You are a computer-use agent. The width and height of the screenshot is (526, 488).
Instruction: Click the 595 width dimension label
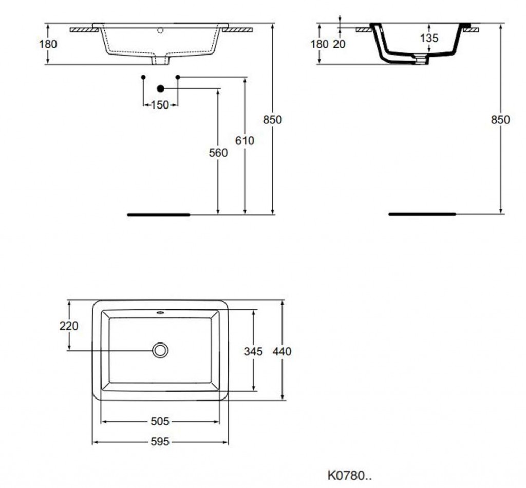click(x=160, y=441)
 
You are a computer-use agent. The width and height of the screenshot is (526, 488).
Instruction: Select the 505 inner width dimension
click(x=160, y=421)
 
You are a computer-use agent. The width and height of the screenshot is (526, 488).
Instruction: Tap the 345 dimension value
click(x=253, y=351)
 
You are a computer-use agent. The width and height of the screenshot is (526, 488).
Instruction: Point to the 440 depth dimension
click(x=282, y=351)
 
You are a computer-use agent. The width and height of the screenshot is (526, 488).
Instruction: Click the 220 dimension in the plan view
click(x=69, y=326)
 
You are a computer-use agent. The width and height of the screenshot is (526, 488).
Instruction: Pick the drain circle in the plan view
click(x=160, y=350)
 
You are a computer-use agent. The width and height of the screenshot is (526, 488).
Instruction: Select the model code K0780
click(x=349, y=476)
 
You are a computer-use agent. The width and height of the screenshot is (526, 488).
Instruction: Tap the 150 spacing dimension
click(x=160, y=105)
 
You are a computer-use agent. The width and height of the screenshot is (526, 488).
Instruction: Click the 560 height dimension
click(x=218, y=153)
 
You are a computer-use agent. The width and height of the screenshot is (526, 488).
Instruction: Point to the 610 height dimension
click(x=245, y=141)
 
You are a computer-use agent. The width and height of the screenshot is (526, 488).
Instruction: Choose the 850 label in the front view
click(x=272, y=120)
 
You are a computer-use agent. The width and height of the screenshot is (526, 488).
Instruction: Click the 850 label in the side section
click(x=500, y=120)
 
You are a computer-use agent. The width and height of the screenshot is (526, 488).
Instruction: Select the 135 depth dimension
click(x=429, y=38)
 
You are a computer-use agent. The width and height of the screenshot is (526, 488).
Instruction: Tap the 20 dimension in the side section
click(x=339, y=44)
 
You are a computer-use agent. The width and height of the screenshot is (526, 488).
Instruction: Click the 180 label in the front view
click(x=48, y=44)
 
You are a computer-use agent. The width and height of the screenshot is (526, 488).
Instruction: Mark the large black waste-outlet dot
click(x=161, y=88)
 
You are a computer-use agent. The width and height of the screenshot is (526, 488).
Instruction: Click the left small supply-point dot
click(x=143, y=77)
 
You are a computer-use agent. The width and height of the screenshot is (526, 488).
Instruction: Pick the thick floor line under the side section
click(x=422, y=214)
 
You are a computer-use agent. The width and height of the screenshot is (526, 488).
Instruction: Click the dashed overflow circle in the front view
click(x=160, y=30)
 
